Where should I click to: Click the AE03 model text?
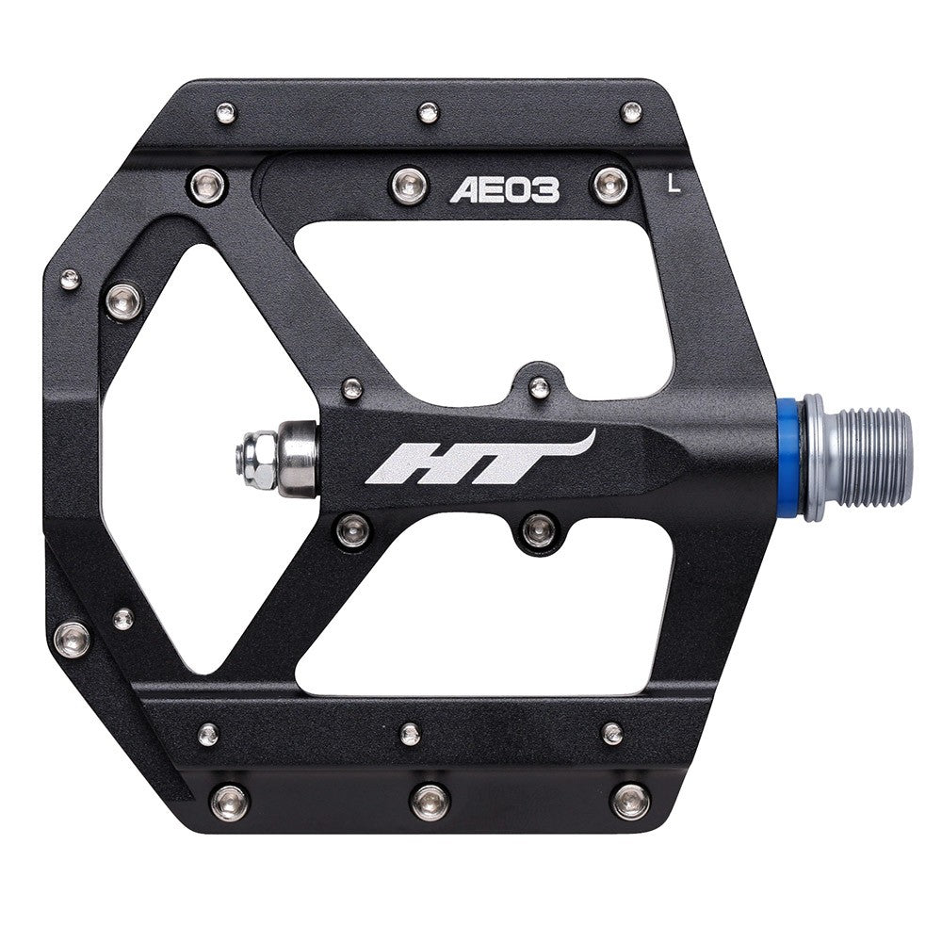click(505, 190)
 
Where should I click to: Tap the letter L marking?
click(674, 183)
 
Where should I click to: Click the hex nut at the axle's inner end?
click(255, 459)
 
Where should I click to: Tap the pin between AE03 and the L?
click(609, 186)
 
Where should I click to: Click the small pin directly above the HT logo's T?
click(539, 387)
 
